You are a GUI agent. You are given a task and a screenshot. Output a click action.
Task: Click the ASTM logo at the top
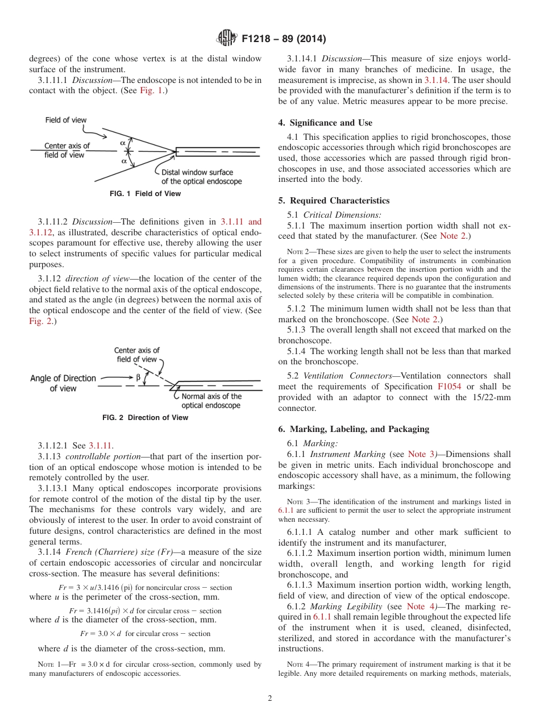click(x=226, y=39)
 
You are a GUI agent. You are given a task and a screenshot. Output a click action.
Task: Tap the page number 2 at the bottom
click(x=270, y=699)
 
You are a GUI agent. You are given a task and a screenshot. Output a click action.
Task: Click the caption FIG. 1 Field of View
click(x=145, y=194)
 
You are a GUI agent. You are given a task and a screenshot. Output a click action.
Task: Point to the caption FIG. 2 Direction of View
click(x=145, y=418)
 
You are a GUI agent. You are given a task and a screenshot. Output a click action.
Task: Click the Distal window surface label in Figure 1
click(x=201, y=177)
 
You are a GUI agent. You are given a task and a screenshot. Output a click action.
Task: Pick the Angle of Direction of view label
click(x=63, y=383)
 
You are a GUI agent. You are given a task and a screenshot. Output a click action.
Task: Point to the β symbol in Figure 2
click(x=138, y=377)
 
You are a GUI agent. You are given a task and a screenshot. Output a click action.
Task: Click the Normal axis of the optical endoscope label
click(x=211, y=401)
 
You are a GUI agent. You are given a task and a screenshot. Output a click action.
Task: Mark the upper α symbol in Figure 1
click(x=122, y=143)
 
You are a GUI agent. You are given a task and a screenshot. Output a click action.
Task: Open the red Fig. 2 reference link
click(x=40, y=322)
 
